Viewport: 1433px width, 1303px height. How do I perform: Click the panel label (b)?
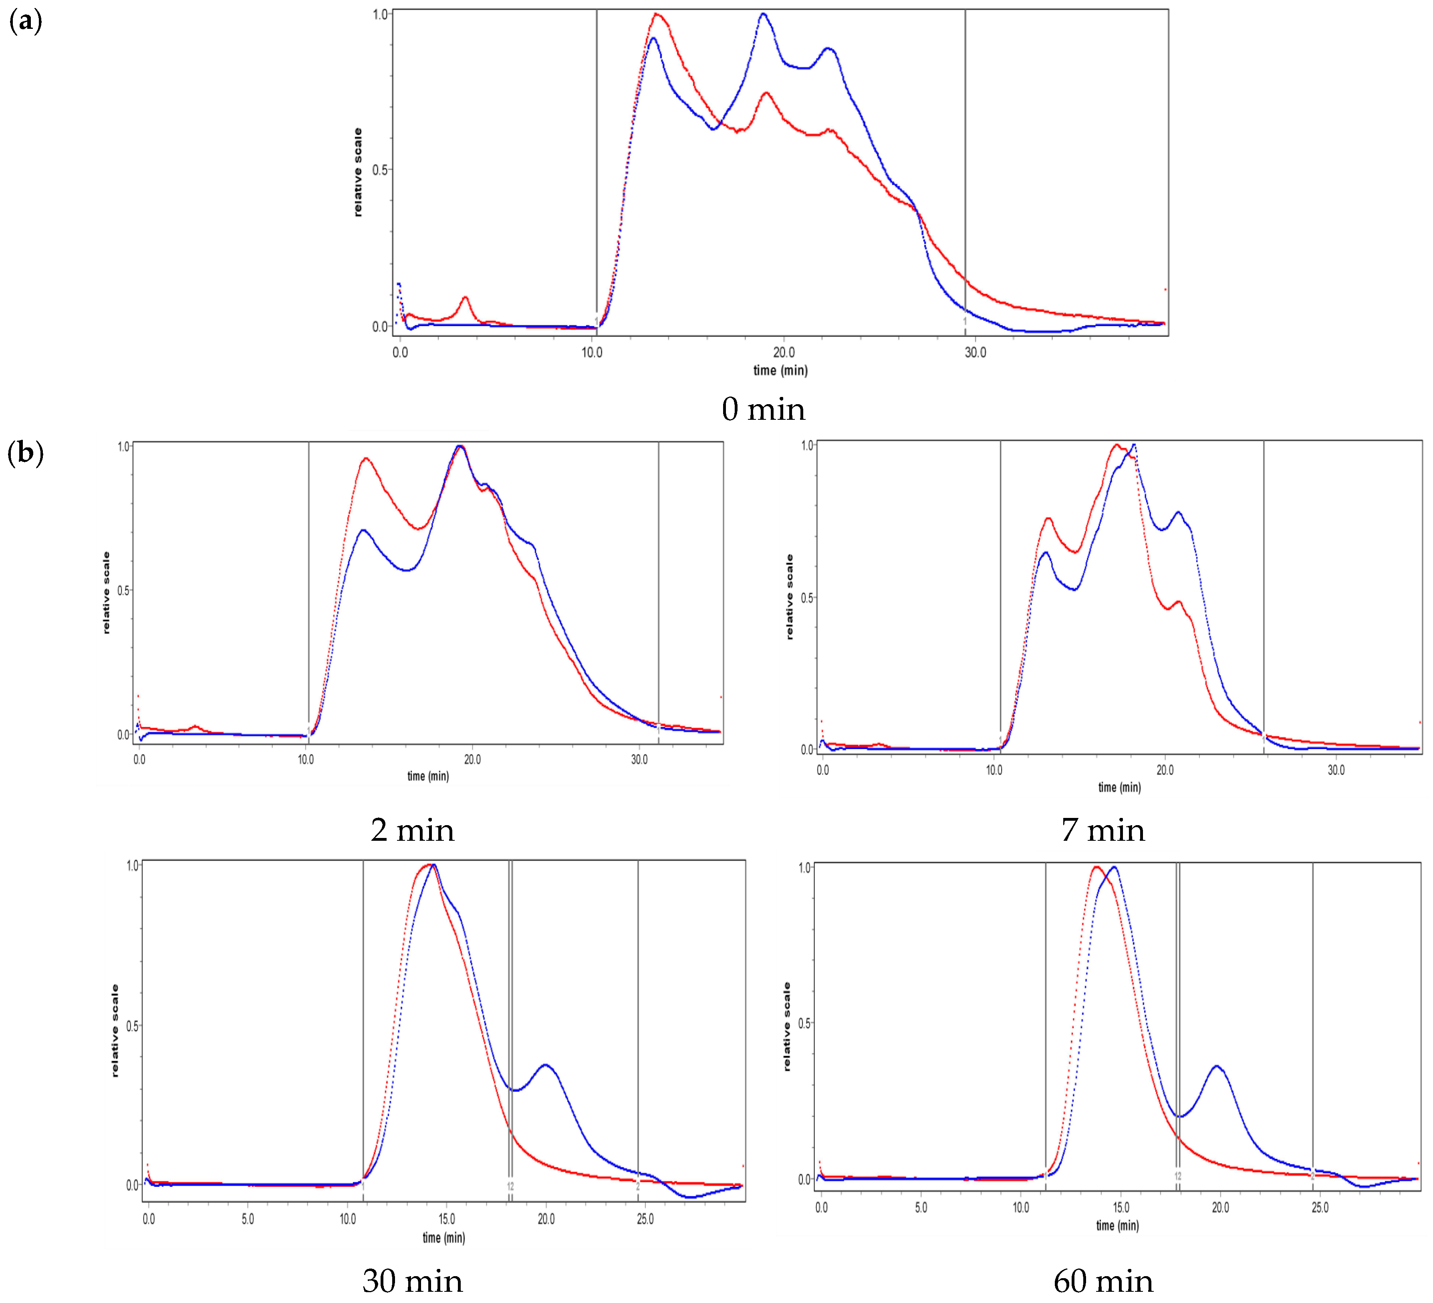[26, 453]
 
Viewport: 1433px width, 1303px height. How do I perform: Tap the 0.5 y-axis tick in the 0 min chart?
[380, 170]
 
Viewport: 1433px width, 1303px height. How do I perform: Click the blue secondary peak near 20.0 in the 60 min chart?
[1217, 1066]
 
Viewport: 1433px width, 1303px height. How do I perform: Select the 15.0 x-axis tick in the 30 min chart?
[446, 1219]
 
